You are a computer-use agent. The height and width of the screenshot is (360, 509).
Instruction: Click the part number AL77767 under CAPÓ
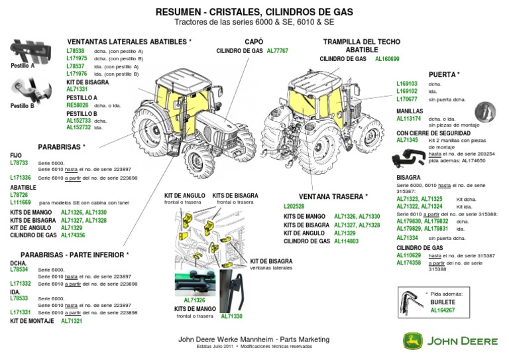[278, 50]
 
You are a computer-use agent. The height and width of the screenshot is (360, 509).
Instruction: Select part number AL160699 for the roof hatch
[387, 59]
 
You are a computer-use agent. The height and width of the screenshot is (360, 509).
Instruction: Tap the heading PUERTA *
[444, 74]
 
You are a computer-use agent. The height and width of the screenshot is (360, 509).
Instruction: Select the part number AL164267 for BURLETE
[443, 310]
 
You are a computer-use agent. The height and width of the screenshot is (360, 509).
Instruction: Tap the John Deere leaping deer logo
[412, 340]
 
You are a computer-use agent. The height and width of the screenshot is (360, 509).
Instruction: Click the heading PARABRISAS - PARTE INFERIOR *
[75, 255]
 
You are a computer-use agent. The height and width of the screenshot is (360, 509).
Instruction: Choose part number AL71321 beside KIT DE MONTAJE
[72, 320]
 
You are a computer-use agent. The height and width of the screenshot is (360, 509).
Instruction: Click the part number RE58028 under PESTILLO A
[77, 105]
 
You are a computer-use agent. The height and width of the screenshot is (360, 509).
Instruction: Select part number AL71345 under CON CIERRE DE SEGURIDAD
[407, 141]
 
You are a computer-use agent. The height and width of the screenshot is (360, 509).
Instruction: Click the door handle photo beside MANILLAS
[485, 112]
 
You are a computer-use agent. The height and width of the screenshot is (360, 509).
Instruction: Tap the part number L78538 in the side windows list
[76, 50]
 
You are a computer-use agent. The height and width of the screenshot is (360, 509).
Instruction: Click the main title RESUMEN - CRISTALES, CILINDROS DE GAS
[254, 12]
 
